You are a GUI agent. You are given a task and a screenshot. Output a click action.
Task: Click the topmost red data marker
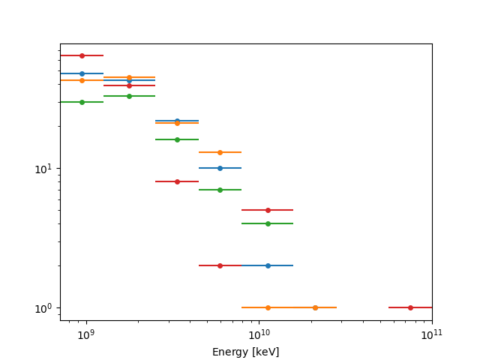tap(82, 55)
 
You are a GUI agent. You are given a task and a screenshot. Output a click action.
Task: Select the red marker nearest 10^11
tap(410, 307)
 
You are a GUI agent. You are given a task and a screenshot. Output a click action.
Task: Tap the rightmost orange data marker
tap(315, 307)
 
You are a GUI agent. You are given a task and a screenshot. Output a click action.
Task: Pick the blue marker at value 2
tap(268, 265)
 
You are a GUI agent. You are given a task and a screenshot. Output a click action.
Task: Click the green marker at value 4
tap(268, 223)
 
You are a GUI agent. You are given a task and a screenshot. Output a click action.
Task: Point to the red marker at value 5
tap(268, 210)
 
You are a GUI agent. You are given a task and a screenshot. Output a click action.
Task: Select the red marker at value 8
tap(177, 181)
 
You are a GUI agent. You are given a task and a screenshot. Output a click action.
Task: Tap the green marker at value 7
tap(220, 190)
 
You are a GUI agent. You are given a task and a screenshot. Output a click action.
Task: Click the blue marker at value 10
tap(220, 168)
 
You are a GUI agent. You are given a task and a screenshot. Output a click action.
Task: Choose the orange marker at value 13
tap(220, 152)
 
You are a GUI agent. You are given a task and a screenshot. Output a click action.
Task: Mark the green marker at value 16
tap(177, 139)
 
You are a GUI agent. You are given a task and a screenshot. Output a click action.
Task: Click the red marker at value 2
tap(220, 265)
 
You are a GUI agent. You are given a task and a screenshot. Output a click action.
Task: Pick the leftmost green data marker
tap(82, 102)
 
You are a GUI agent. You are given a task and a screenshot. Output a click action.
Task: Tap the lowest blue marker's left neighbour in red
tap(220, 265)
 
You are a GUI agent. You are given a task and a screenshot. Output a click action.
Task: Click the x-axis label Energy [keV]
tap(245, 352)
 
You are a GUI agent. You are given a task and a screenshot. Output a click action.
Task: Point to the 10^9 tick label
tap(85, 334)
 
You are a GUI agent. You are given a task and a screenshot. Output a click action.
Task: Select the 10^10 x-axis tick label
tap(259, 334)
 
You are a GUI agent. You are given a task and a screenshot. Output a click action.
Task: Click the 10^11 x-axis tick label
tap(432, 334)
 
